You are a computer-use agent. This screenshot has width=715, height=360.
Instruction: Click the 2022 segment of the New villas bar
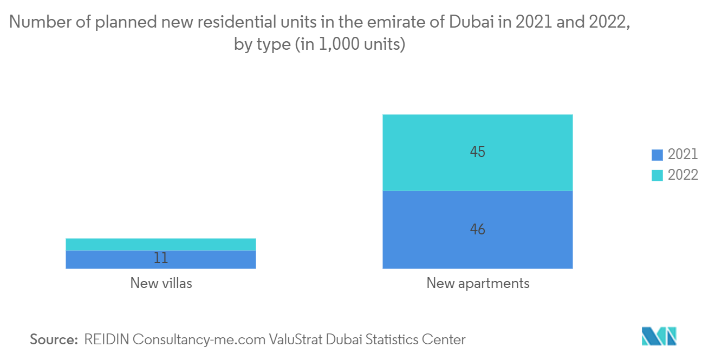pyautogui.click(x=160, y=244)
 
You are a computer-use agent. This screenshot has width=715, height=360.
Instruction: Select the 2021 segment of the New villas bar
pyautogui.click(x=160, y=259)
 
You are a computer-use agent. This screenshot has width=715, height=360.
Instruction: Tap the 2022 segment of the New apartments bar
pyautogui.click(x=478, y=153)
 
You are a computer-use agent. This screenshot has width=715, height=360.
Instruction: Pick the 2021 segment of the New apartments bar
pyautogui.click(x=478, y=230)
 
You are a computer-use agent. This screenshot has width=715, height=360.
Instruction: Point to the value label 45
pyautogui.click(x=478, y=152)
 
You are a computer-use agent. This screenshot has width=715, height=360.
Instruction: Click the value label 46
pyautogui.click(x=478, y=230)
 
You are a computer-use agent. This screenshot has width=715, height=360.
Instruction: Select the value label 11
pyautogui.click(x=160, y=258)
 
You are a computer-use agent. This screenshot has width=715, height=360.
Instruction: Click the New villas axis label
pyautogui.click(x=161, y=283)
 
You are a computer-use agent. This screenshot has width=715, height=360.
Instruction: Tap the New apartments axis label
pyautogui.click(x=478, y=284)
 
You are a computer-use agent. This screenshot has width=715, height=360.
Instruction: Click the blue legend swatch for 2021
pyautogui.click(x=657, y=155)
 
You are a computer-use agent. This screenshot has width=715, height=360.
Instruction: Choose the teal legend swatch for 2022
pyautogui.click(x=657, y=175)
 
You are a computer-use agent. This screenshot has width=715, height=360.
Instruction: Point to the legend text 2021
pyautogui.click(x=682, y=154)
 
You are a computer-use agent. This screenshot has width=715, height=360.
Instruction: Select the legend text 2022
pyautogui.click(x=682, y=175)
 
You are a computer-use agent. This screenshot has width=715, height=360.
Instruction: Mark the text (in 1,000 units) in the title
pyautogui.click(x=350, y=44)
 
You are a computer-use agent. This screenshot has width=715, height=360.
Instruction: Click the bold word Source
pyautogui.click(x=54, y=339)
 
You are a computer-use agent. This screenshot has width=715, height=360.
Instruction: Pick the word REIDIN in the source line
pyautogui.click(x=107, y=339)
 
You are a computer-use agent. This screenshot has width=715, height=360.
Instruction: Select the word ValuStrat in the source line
pyautogui.click(x=295, y=339)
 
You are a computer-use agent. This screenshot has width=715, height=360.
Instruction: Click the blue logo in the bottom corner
pyautogui.click(x=659, y=336)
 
